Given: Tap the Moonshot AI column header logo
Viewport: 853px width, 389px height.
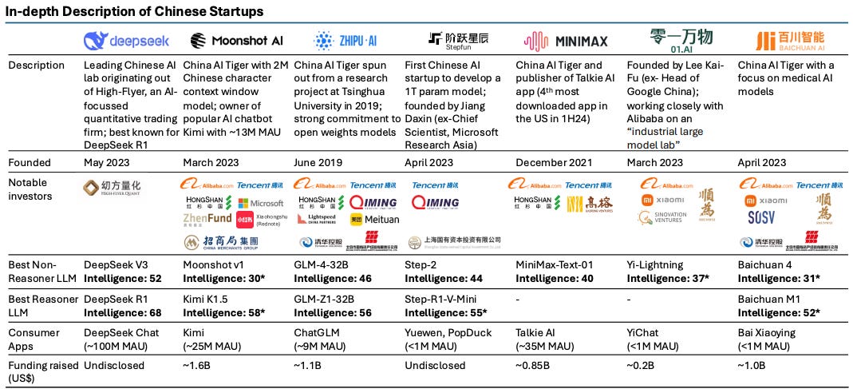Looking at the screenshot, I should click(x=236, y=40).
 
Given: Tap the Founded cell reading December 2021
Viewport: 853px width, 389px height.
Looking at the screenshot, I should click(x=555, y=162).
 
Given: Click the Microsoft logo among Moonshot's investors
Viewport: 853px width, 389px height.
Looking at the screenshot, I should click(x=260, y=203).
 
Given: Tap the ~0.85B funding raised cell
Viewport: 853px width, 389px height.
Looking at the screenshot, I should click(x=534, y=366).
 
